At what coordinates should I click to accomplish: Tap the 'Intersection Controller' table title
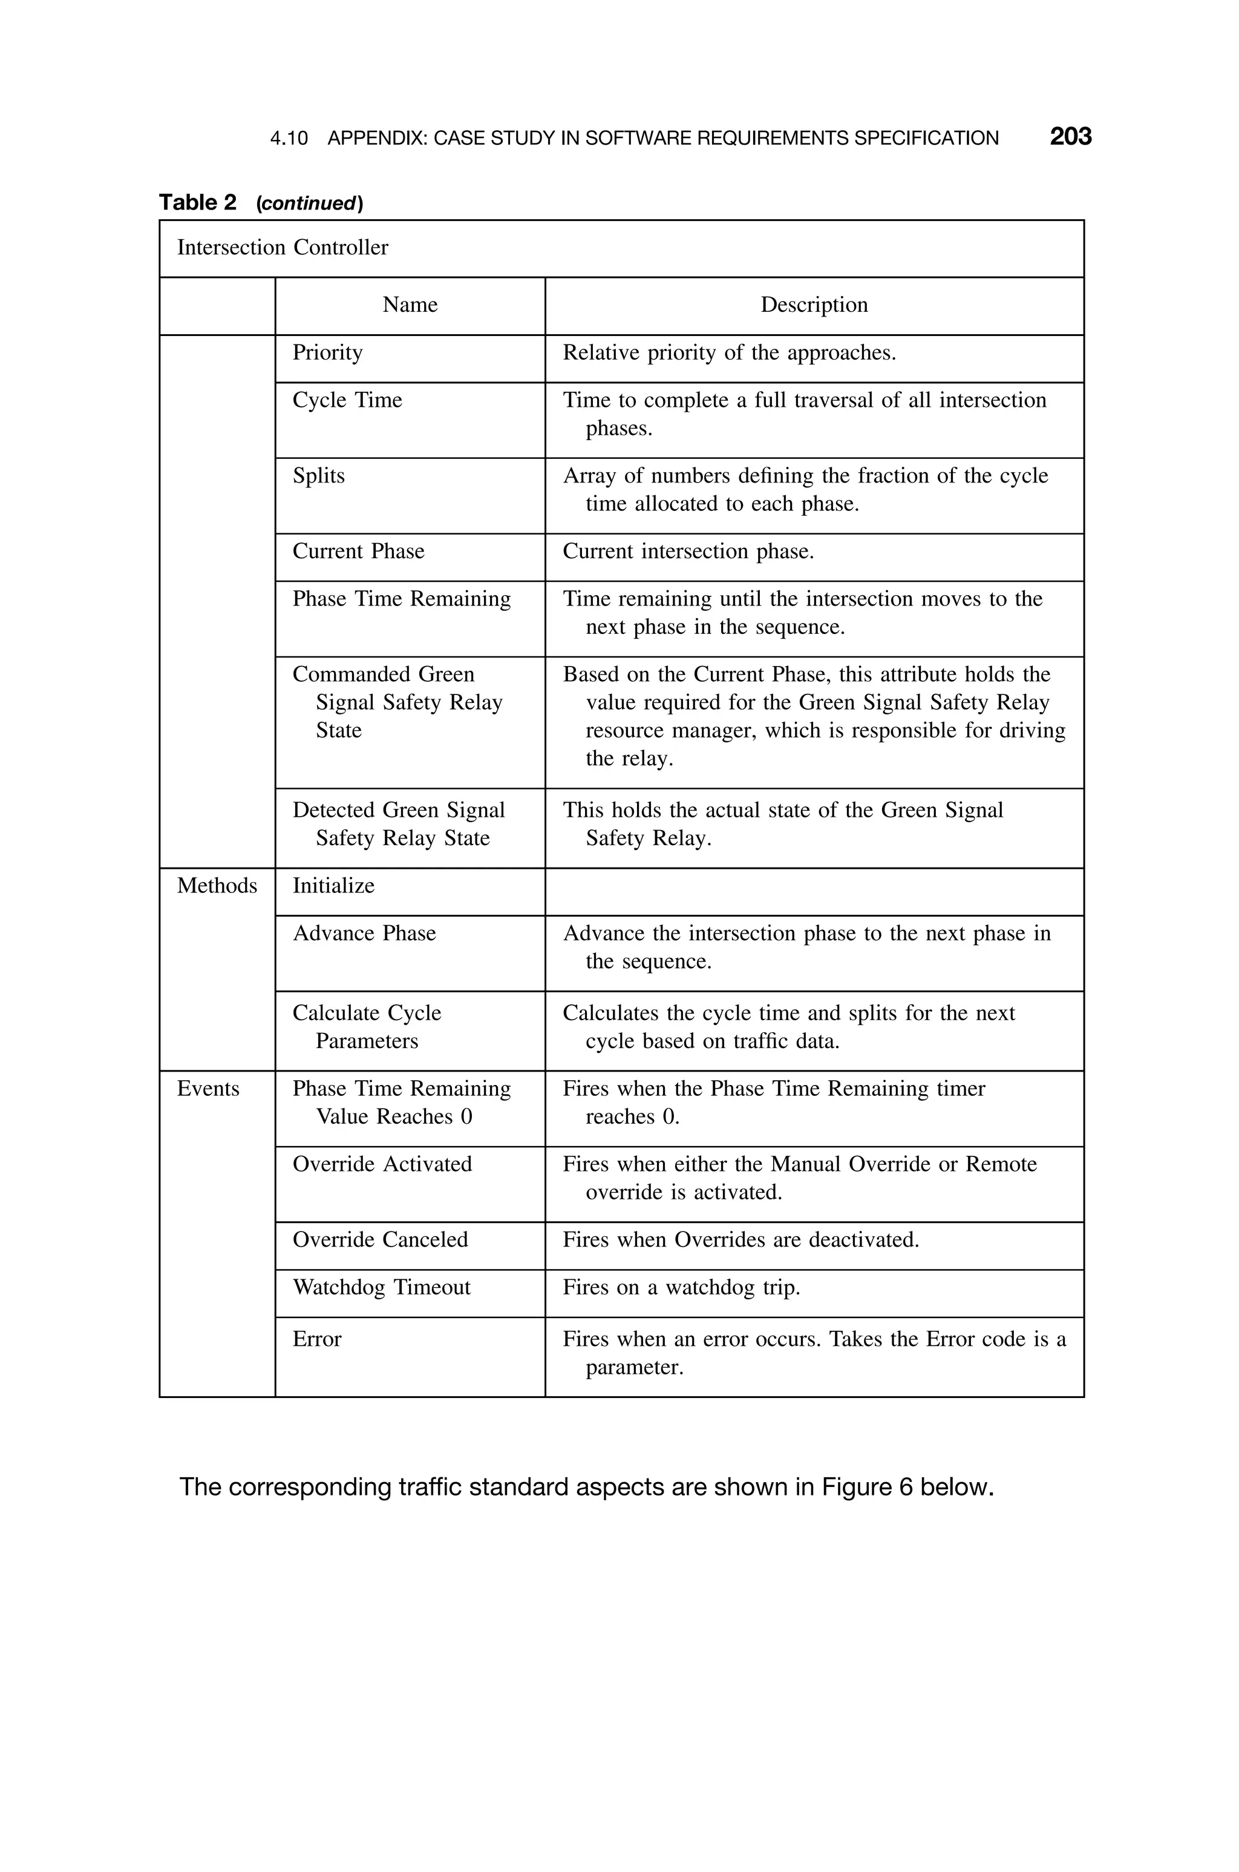pos(282,248)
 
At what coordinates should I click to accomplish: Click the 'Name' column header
pos(410,305)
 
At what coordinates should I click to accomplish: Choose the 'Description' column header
pos(814,305)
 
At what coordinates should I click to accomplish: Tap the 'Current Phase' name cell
pos(358,551)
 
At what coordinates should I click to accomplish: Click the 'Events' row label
pos(208,1089)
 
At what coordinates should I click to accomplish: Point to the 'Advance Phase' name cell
pos(364,934)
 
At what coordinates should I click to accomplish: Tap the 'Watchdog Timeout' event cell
pos(381,1288)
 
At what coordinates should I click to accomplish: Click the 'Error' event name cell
pos(317,1339)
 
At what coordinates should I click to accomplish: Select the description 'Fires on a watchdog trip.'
pos(681,1288)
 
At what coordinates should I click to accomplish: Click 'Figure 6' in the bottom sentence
pos(868,1487)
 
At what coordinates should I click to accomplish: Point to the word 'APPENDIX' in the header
pos(376,139)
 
